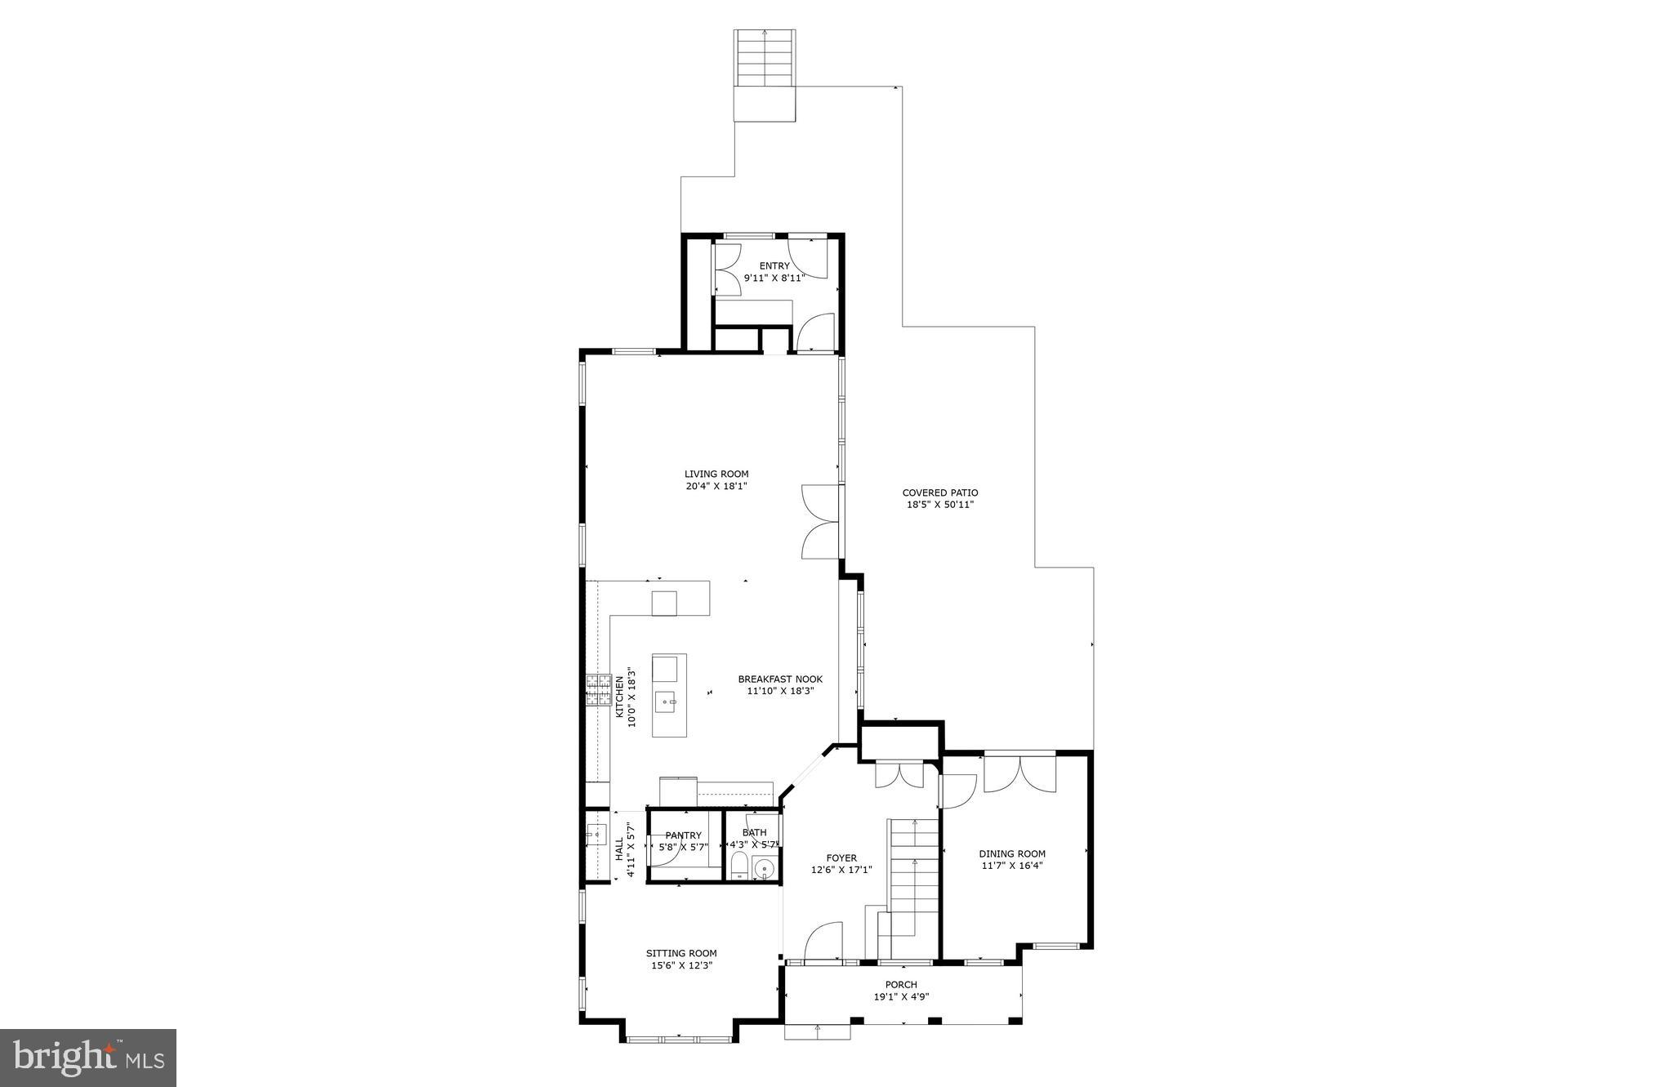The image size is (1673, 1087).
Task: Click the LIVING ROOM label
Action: tap(716, 474)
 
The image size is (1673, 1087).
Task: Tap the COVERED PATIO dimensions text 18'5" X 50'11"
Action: tap(939, 505)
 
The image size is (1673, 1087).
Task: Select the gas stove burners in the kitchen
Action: tap(598, 689)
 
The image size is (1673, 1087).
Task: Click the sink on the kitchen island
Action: tap(667, 701)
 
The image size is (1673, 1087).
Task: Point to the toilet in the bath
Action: tap(738, 866)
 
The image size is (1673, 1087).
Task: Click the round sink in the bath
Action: tap(764, 868)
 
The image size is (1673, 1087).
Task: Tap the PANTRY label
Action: tap(683, 835)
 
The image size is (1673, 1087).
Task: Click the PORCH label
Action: tap(901, 984)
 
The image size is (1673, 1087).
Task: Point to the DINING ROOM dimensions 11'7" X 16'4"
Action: tap(1012, 866)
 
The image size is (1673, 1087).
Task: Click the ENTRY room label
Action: tap(774, 265)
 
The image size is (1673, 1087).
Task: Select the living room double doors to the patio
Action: tap(821, 521)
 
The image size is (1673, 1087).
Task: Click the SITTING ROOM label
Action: tap(681, 953)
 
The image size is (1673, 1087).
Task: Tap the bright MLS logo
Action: tap(88, 1058)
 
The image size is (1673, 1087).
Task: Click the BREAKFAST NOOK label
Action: tap(780, 679)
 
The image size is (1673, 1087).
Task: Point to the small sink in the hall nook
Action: tap(596, 835)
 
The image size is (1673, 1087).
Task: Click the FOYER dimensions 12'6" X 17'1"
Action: tap(841, 870)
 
